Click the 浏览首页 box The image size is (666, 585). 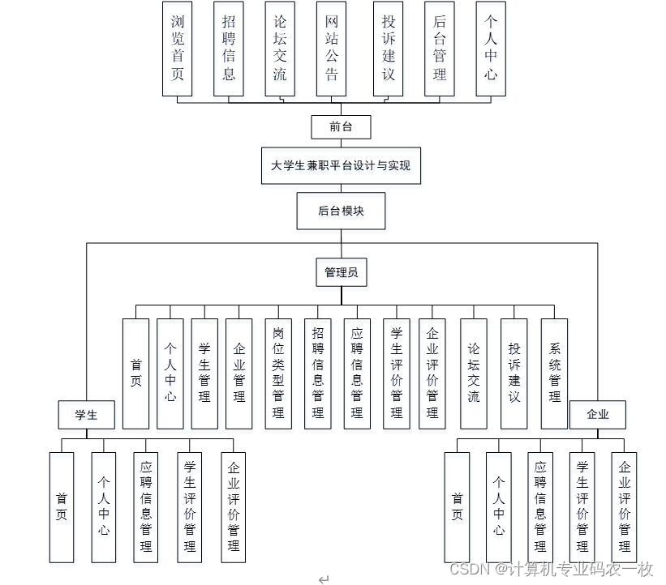point(177,49)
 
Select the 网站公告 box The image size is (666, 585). point(331,49)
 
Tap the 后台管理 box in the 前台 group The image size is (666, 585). point(440,49)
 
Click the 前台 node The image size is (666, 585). point(340,126)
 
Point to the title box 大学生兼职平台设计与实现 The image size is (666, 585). point(341,165)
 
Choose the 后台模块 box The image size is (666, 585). point(341,211)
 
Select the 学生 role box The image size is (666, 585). point(86,415)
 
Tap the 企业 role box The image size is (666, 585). point(597,415)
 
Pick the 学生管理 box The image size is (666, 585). point(204,374)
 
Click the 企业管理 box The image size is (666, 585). point(238,374)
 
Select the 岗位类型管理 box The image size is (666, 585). point(278,374)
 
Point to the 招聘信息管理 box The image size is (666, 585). point(317,374)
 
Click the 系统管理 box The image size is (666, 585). point(555,374)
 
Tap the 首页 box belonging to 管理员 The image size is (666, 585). point(135,374)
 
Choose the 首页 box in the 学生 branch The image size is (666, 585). point(62,506)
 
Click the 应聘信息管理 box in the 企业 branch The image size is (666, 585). point(540,506)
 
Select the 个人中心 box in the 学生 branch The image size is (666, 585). point(103,506)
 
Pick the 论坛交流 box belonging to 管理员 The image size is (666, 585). point(474,374)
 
